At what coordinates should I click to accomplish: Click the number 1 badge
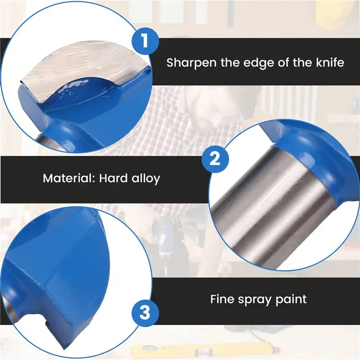pos(145,40)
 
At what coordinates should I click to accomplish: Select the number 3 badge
pos(145,313)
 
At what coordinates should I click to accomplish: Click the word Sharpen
pos(191,63)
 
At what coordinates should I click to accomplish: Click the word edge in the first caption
pos(259,63)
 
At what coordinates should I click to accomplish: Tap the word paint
pos(291,300)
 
